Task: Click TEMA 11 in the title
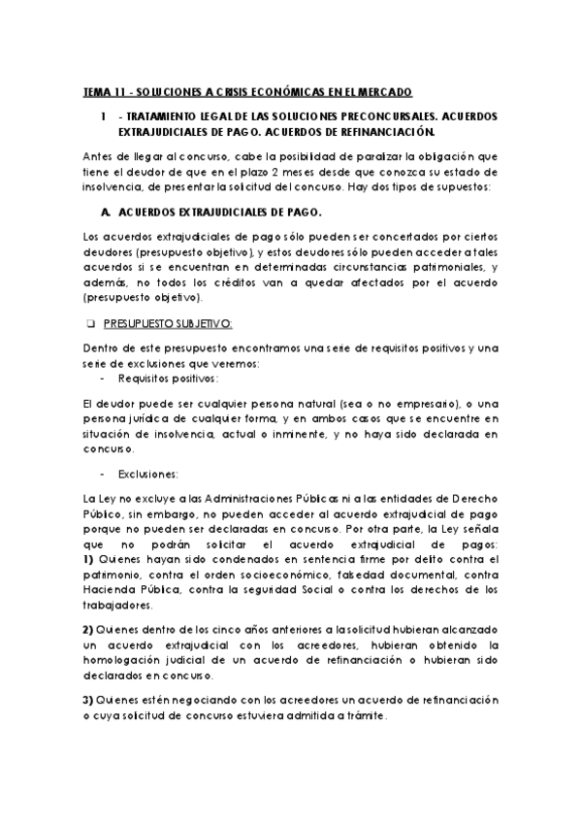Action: [102, 92]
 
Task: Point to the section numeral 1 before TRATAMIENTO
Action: [103, 115]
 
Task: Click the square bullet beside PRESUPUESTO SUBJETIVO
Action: [88, 322]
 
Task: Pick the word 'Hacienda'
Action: [111, 590]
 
